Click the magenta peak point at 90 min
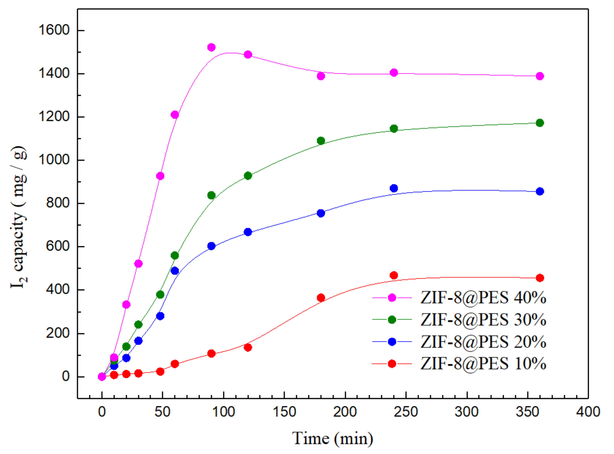[x=211, y=47]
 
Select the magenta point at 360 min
[x=540, y=76]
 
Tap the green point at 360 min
[x=540, y=123]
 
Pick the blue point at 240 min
[x=394, y=188]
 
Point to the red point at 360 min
[x=540, y=278]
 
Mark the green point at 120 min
[x=248, y=176]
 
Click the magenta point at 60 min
[x=174, y=115]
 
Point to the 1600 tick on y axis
[x=54, y=30]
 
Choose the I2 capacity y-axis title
[x=19, y=217]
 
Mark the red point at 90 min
[x=211, y=353]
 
